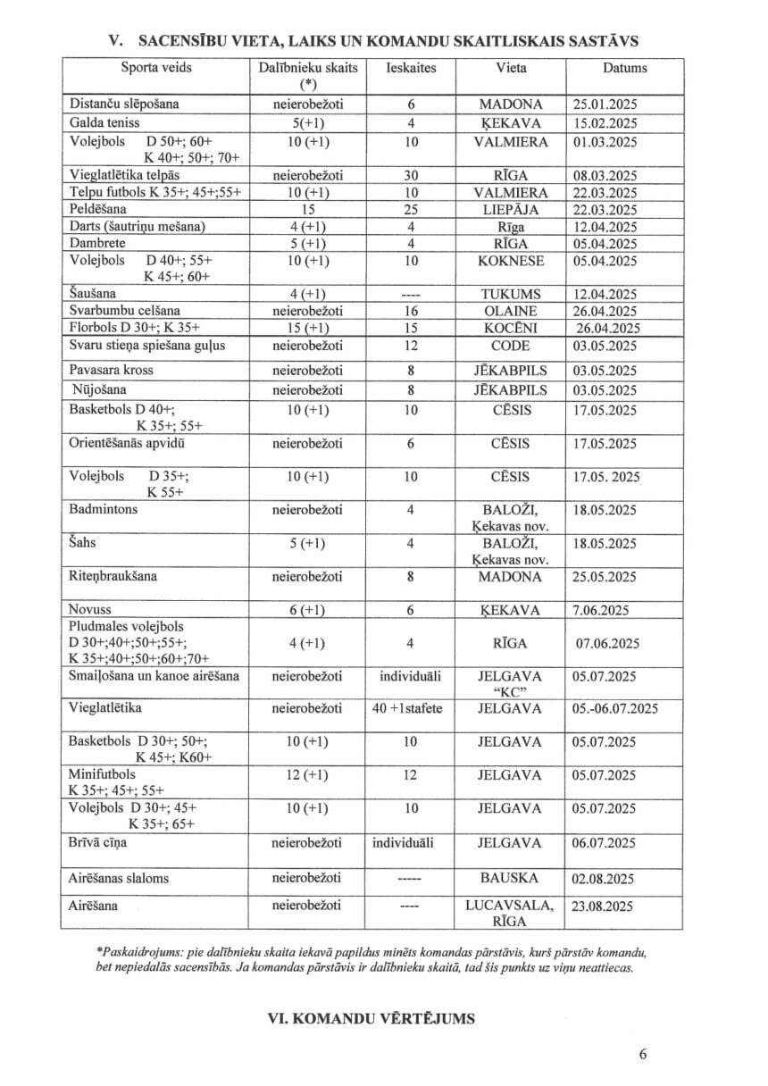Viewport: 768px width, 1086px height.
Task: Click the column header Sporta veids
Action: [x=156, y=68]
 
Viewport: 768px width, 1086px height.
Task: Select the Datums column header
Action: [x=624, y=68]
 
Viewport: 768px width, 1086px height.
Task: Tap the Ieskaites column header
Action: [x=410, y=68]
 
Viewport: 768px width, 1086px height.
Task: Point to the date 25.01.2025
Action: [x=605, y=104]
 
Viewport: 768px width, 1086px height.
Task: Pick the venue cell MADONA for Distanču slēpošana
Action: [x=510, y=104]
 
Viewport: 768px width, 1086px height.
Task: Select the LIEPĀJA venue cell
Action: [x=510, y=210]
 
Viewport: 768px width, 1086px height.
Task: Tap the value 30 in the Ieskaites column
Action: [x=410, y=176]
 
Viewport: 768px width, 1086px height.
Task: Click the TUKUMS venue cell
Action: [x=510, y=294]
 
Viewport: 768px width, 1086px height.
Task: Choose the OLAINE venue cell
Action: [x=510, y=312]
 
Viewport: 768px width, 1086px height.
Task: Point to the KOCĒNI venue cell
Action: [x=510, y=329]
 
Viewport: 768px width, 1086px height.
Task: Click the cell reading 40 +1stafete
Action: [x=410, y=709]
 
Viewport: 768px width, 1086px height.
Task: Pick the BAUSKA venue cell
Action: [x=510, y=879]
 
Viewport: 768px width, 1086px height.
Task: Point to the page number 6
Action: [x=643, y=1054]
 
